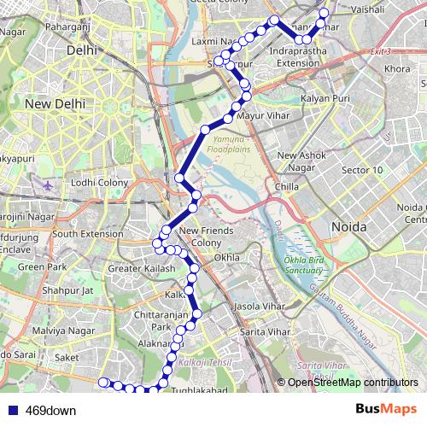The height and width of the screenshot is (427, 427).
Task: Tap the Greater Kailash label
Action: [x=142, y=269]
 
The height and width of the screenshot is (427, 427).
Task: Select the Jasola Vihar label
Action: [x=258, y=305]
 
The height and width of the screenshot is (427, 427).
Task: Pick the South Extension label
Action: [x=88, y=233]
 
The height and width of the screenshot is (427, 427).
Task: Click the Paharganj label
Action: [x=92, y=28]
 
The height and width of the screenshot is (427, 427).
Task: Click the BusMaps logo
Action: [x=386, y=409]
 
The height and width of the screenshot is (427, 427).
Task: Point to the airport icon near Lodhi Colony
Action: [x=46, y=183]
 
